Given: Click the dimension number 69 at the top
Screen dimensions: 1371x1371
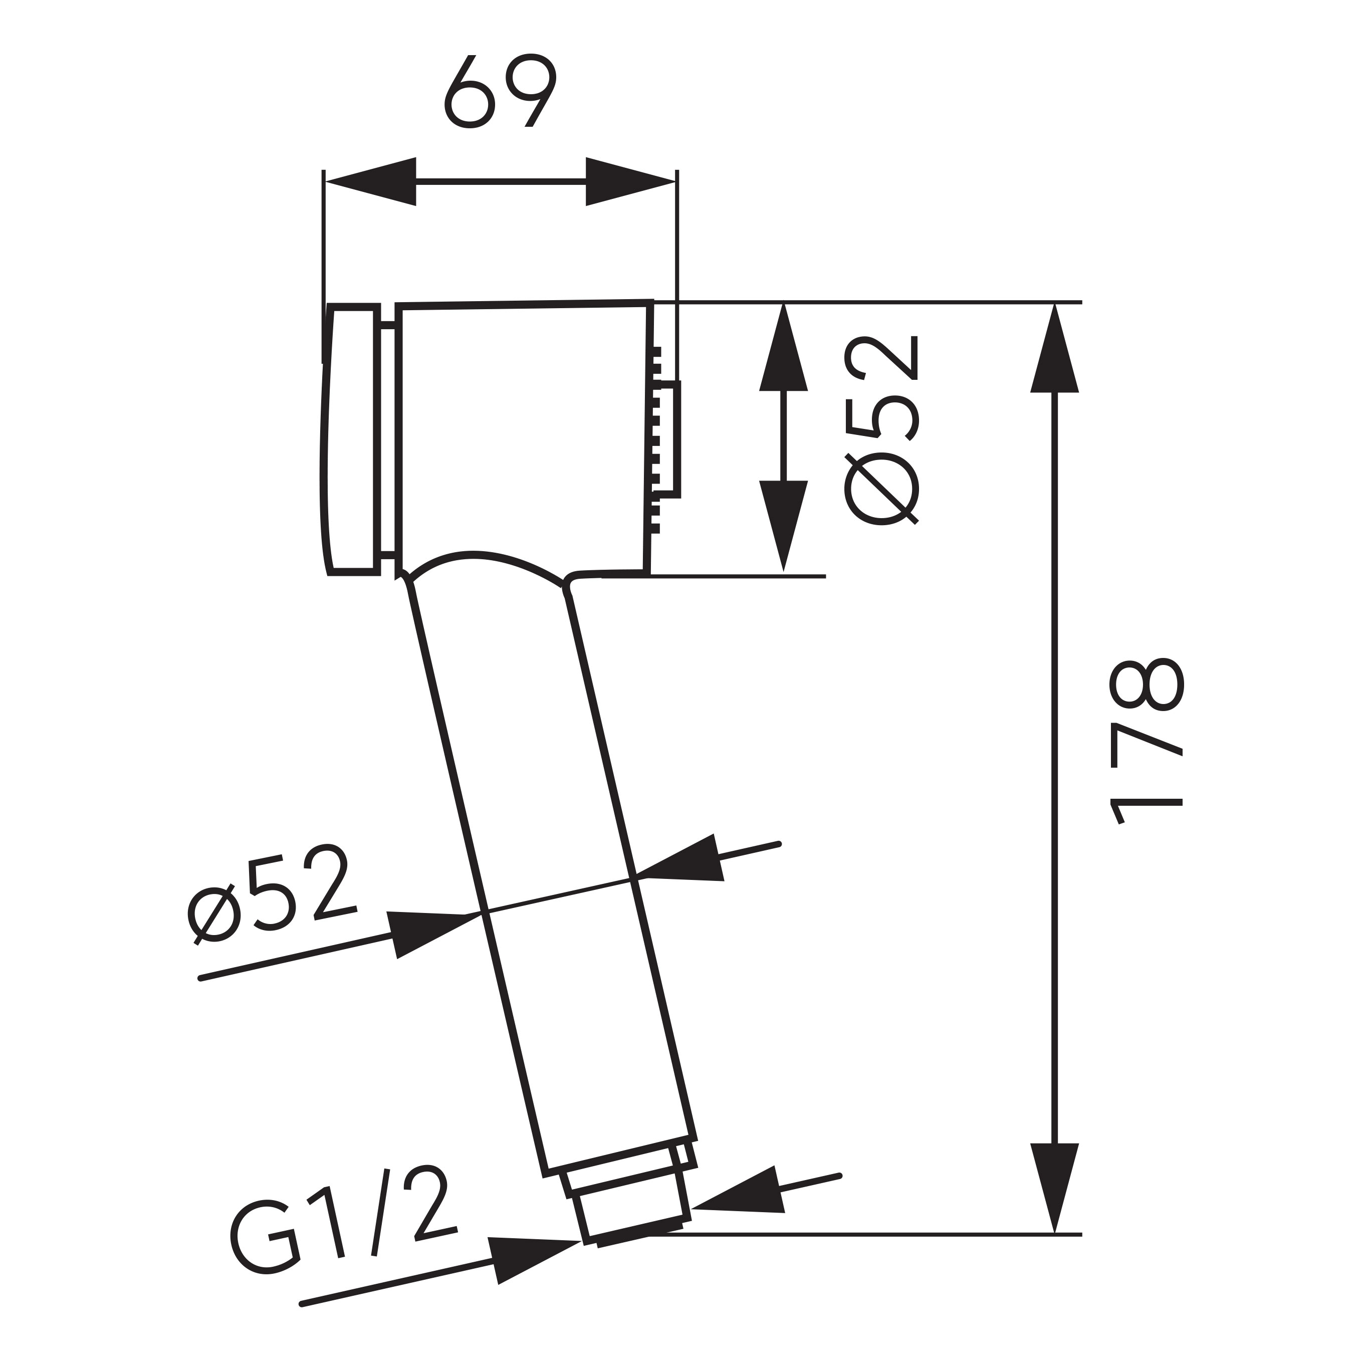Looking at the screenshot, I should coord(500,91).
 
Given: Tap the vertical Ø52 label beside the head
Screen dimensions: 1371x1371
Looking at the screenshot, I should coord(882,431).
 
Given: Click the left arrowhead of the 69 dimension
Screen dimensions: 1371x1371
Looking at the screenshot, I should coord(372,182).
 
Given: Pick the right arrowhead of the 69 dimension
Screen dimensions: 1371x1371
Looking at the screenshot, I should coord(628,182).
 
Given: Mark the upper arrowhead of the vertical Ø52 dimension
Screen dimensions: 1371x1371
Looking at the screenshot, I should coord(783,349).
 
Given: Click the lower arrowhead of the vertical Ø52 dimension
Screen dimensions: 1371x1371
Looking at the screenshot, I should coord(783,524).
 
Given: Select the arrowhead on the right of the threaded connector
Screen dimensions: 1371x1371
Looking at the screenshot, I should coord(740,1194).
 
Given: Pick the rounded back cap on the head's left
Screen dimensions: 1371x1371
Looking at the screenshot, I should coord(351,438).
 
